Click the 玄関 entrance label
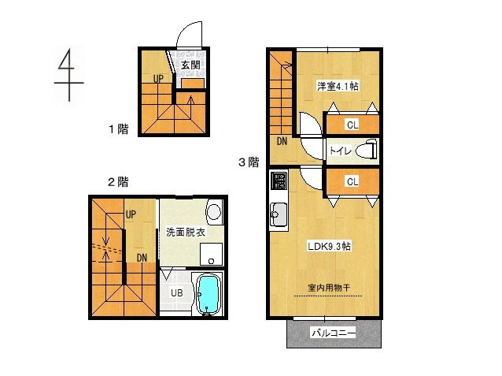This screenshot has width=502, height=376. coord(190,65)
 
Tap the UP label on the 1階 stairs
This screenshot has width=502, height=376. coord(158,78)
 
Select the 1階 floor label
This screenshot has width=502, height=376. coord(119,127)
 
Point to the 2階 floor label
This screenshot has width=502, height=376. coord(118,182)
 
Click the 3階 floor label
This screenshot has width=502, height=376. coord(249,162)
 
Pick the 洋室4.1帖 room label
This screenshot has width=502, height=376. coord(338,86)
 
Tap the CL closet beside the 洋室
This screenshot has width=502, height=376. coord(352,124)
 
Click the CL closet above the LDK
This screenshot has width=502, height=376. coord(352,181)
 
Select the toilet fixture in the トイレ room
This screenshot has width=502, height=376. coord(364,150)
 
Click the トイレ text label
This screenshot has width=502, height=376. coord(340,151)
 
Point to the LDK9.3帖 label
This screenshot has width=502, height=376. coord(329,246)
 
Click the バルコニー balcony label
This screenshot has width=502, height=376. coord(334,333)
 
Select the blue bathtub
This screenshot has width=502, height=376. coord(208,294)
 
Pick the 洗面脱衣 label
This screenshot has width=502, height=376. coord(186,233)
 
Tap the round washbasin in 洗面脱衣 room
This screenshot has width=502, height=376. coord(212,210)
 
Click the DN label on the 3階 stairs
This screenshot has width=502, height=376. coord(282,142)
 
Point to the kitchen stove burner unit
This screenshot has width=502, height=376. coord(279,182)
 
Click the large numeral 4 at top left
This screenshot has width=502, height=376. coord(70,73)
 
